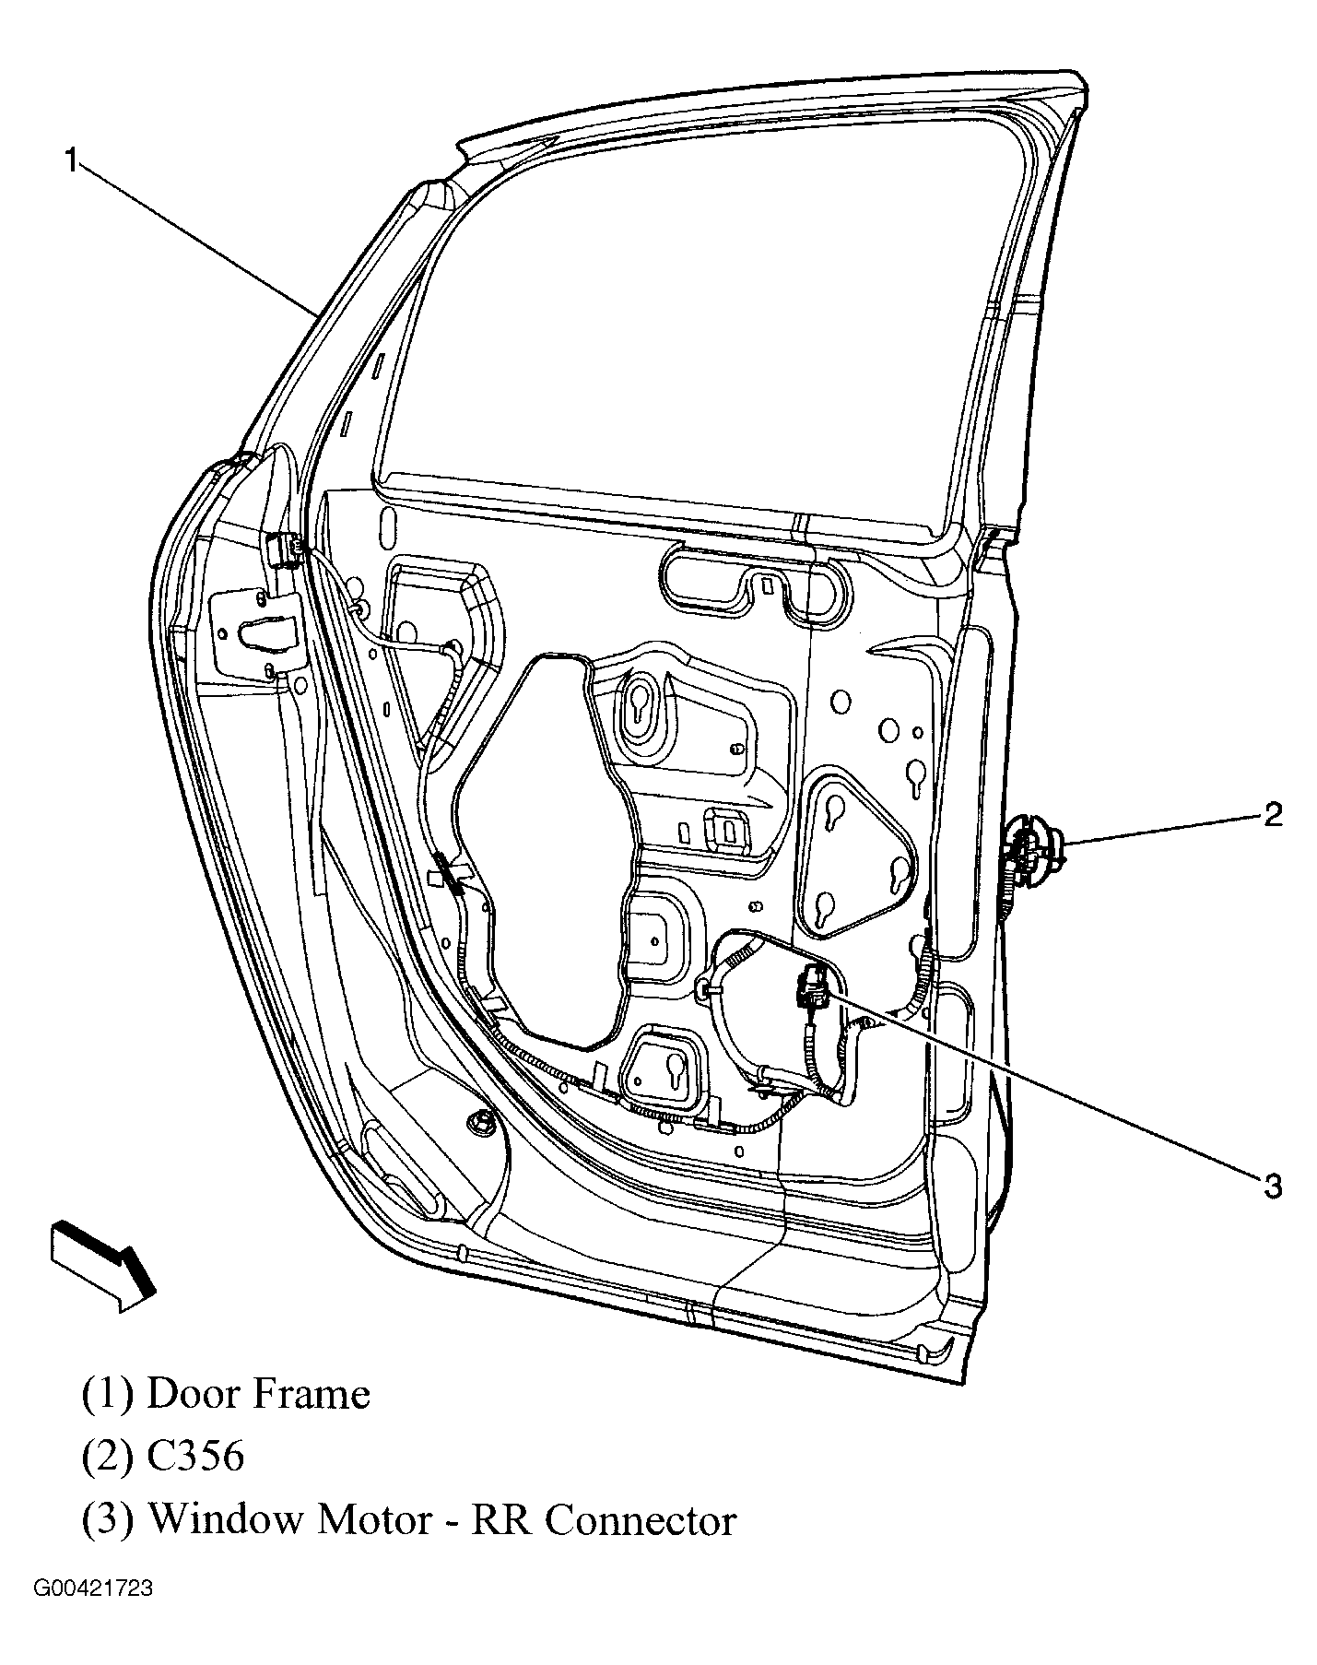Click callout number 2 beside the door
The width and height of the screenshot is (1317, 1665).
1272,814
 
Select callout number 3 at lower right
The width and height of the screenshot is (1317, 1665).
1272,1186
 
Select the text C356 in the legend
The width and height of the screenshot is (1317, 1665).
195,1457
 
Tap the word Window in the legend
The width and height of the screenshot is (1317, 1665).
226,1519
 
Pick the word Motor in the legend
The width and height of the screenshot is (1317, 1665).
373,1519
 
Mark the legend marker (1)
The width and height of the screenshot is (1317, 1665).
109,1395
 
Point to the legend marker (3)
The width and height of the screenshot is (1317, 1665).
109,1520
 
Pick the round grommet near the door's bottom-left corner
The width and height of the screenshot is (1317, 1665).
480,1122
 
